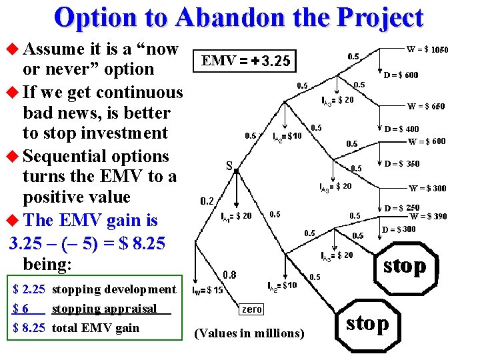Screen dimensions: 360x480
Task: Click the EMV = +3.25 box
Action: pyautogui.click(x=246, y=61)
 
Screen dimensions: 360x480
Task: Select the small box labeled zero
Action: pyautogui.click(x=251, y=309)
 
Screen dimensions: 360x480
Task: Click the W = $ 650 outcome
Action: pyautogui.click(x=427, y=106)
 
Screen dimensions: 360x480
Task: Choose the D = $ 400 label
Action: pyautogui.click(x=403, y=129)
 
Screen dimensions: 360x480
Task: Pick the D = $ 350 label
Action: pyautogui.click(x=403, y=163)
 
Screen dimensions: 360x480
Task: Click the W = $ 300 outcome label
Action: pyautogui.click(x=427, y=189)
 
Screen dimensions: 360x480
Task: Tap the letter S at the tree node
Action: pyautogui.click(x=229, y=165)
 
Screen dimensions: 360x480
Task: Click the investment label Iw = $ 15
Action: pyautogui.click(x=208, y=291)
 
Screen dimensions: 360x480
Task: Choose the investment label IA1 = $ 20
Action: pyautogui.click(x=236, y=216)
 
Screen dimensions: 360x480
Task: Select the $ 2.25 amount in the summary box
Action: pyautogui.click(x=29, y=289)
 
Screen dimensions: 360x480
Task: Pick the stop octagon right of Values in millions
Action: pyautogui.click(x=367, y=324)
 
